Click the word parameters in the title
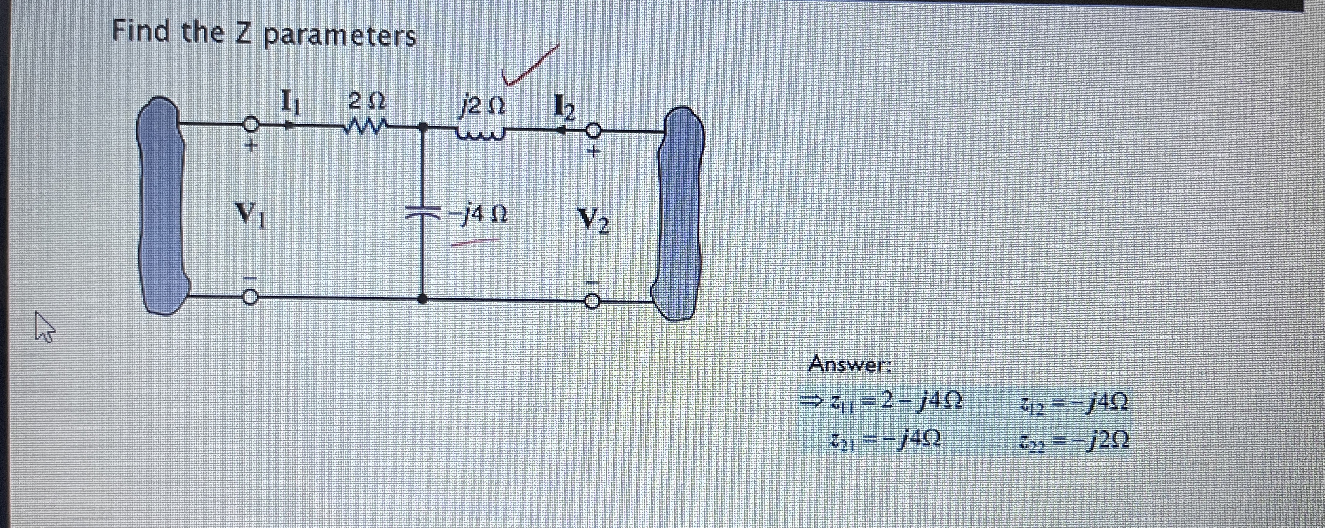[x=340, y=35]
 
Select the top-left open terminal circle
[x=249, y=125]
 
